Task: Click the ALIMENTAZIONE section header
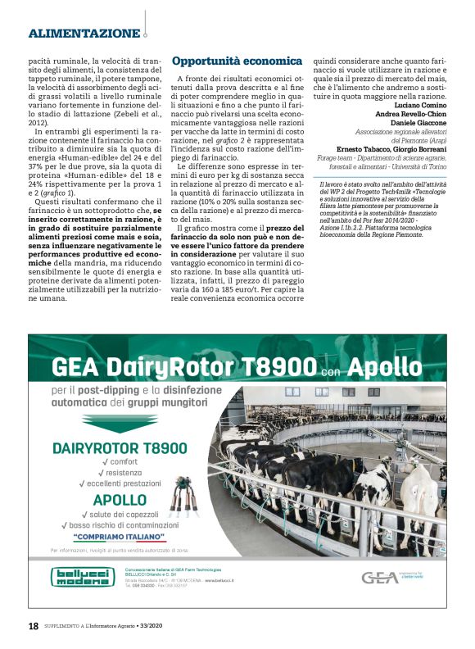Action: coord(84,34)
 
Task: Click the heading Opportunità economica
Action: coord(227,61)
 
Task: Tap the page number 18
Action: coord(33,626)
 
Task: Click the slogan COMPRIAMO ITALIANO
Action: coord(120,538)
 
